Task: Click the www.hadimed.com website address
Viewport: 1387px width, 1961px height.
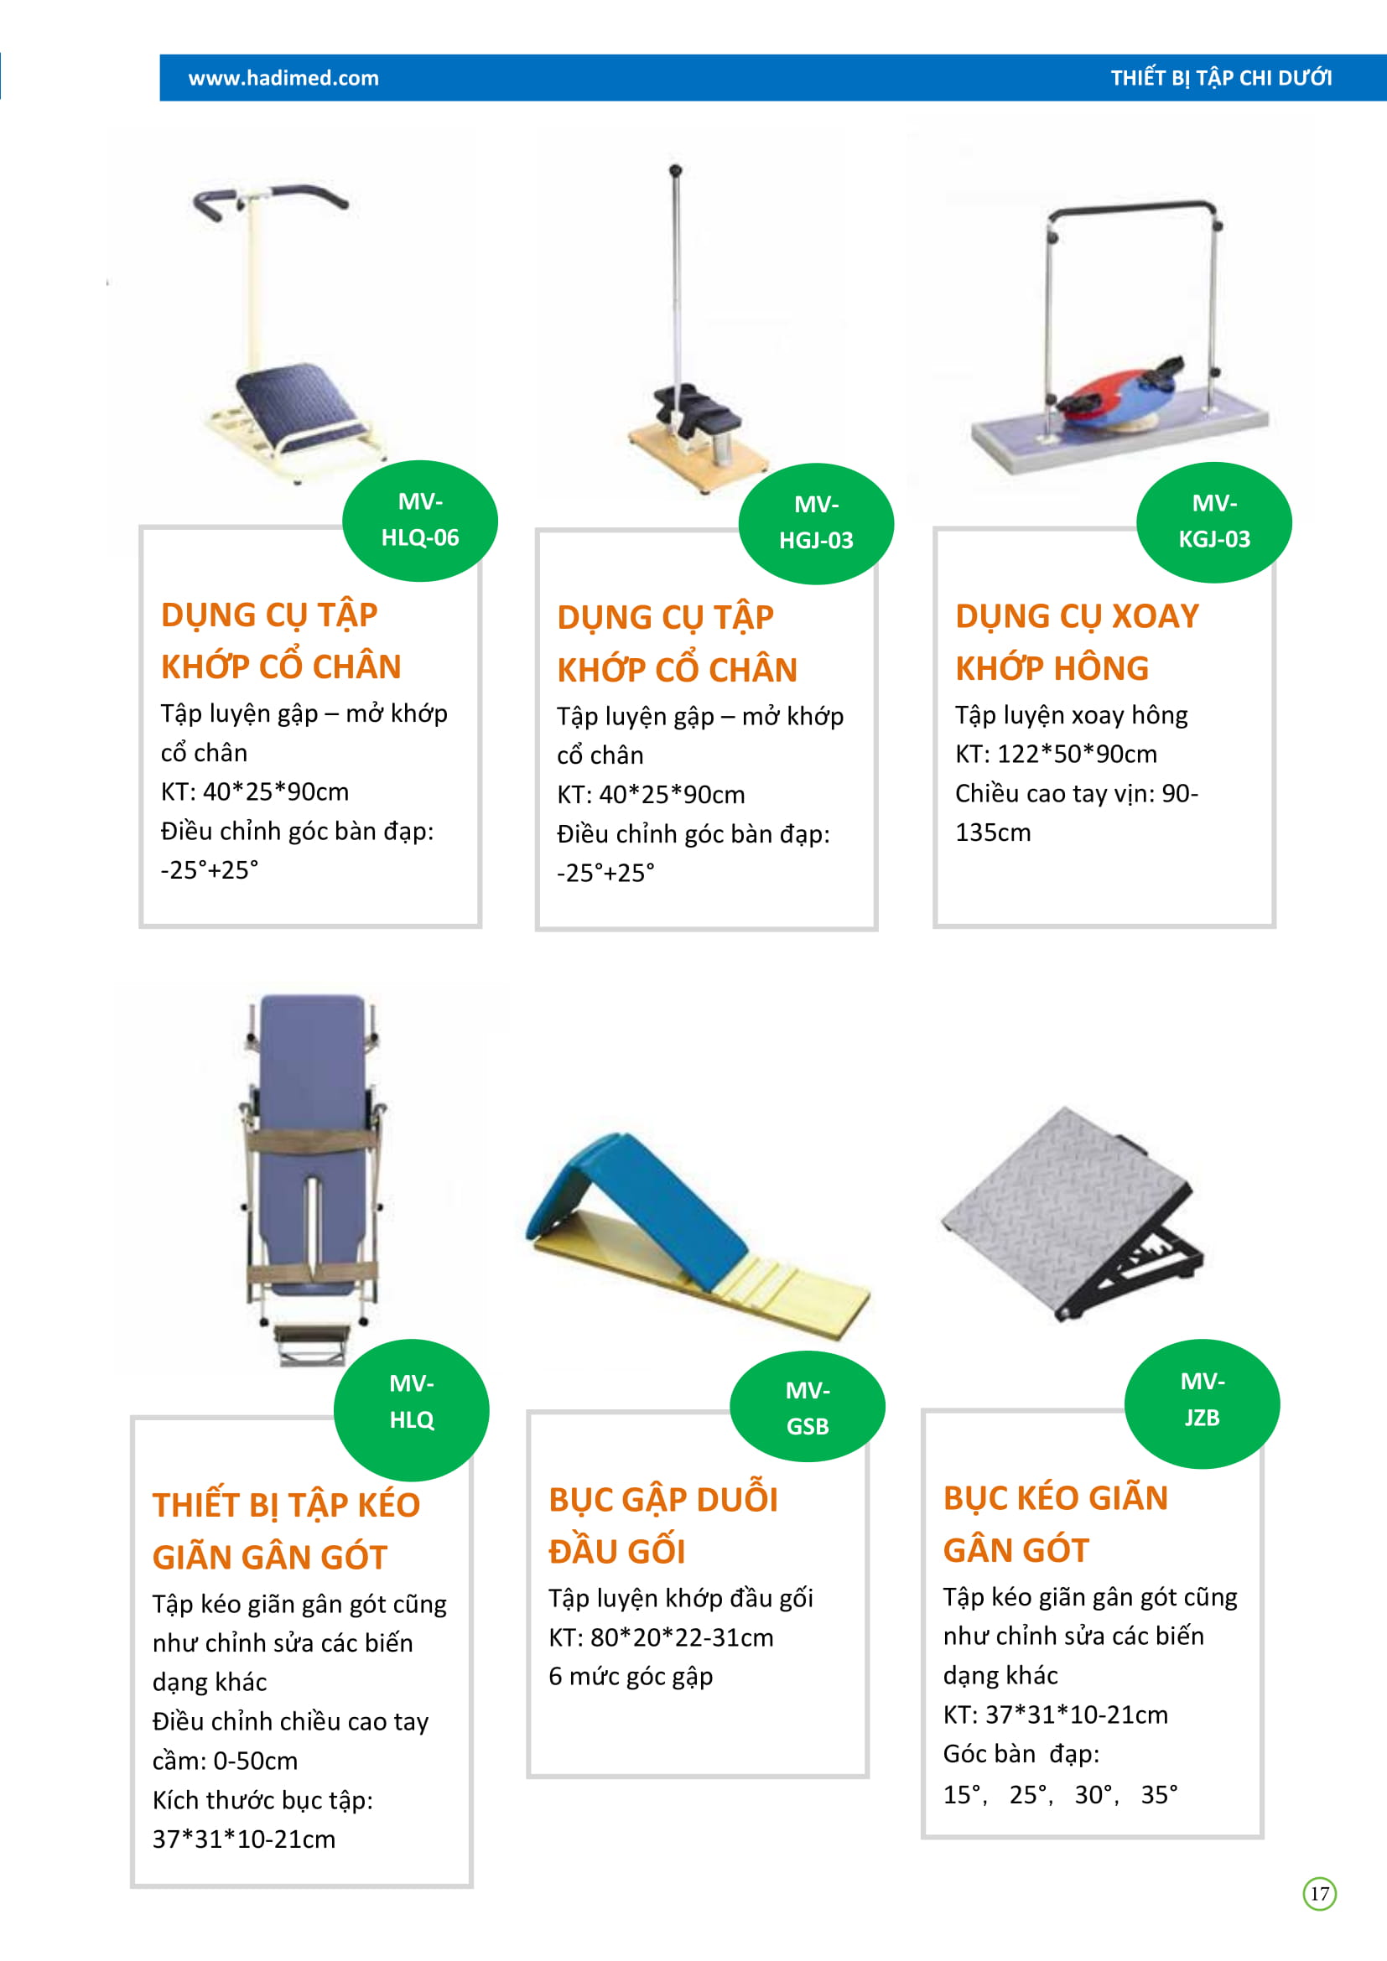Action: (x=283, y=78)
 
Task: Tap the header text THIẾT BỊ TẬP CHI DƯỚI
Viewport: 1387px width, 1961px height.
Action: (x=1220, y=78)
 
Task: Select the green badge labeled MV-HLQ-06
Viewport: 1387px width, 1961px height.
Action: (x=420, y=520)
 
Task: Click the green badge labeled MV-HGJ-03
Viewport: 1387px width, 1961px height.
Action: (x=817, y=522)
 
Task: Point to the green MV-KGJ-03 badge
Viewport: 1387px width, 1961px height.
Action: (x=1213, y=521)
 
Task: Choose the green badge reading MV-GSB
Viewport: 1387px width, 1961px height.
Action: (x=808, y=1407)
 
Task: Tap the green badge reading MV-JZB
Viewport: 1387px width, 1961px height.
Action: (x=1202, y=1403)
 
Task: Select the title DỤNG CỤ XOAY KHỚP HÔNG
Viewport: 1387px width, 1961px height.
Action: (x=1077, y=641)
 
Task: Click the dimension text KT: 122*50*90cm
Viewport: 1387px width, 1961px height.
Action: (x=1056, y=754)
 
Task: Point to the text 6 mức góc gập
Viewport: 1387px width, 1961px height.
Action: (x=631, y=1676)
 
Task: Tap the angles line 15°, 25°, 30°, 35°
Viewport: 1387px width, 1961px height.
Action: (x=1060, y=1793)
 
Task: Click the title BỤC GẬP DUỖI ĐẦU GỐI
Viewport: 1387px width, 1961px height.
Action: (x=662, y=1524)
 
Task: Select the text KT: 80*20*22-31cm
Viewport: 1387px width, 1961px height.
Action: (x=661, y=1637)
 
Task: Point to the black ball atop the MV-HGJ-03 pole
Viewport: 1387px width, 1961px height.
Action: (x=675, y=170)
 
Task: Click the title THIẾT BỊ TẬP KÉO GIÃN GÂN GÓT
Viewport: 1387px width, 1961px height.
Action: (x=286, y=1531)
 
